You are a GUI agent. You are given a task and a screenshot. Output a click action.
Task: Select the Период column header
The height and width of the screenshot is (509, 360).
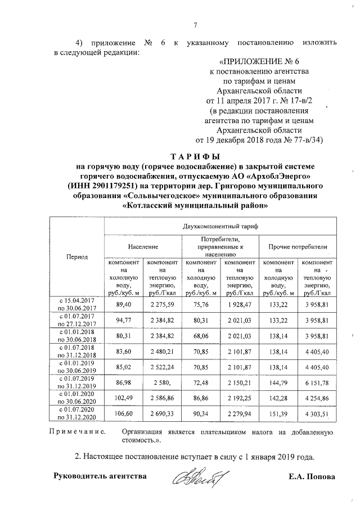click(x=77, y=256)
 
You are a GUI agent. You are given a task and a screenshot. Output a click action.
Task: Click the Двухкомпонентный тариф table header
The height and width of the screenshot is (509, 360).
click(x=220, y=227)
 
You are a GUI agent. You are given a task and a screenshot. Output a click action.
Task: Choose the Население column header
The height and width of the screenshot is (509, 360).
click(x=142, y=247)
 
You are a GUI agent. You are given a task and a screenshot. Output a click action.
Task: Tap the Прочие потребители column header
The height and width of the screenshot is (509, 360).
click(x=298, y=247)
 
